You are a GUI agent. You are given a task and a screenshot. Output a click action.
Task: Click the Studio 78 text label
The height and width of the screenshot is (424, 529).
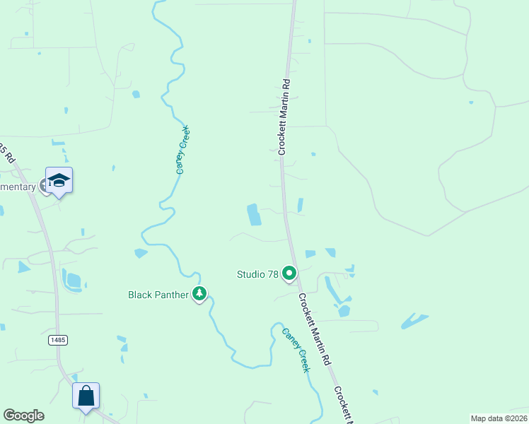(x=257, y=273)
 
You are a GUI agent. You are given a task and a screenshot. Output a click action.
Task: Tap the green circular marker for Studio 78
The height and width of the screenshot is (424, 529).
(x=289, y=273)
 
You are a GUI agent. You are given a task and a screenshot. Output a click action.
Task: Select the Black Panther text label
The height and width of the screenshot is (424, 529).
(x=157, y=294)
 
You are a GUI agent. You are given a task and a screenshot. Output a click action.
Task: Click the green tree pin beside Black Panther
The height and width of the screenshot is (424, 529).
(x=199, y=294)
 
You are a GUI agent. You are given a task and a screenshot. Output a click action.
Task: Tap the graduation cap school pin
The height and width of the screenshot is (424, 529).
(x=59, y=180)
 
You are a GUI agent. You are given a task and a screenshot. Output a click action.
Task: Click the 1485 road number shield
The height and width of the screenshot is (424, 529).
(x=58, y=340)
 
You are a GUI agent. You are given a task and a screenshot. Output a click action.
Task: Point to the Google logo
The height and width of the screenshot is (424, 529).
(x=23, y=416)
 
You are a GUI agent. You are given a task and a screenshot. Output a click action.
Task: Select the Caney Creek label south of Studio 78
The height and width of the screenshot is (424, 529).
(x=296, y=351)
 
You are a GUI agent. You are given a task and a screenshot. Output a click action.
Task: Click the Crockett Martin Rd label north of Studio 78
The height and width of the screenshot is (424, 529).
(x=284, y=116)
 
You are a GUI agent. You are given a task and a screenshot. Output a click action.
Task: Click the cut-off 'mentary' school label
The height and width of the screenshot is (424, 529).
(x=18, y=187)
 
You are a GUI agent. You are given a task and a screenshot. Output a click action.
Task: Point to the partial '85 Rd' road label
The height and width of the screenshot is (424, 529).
(x=6, y=153)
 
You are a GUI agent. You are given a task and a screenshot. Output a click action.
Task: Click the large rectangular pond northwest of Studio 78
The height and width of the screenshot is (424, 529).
(x=253, y=215)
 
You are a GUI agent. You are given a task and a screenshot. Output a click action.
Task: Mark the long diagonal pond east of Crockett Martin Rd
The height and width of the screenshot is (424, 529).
(x=414, y=322)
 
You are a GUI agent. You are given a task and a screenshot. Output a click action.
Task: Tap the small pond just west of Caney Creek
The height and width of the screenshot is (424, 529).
(x=141, y=253)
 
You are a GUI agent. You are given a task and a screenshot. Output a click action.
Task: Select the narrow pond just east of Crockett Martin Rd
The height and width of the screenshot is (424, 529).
(x=301, y=205)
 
